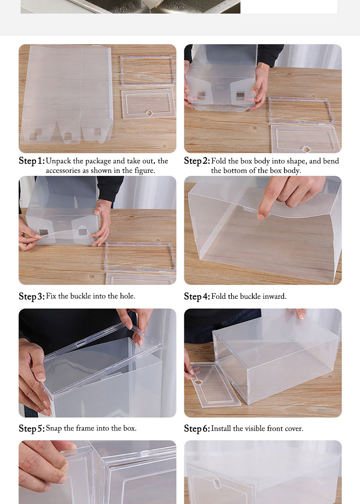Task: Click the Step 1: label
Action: click(x=32, y=161)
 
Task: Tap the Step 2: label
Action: click(x=197, y=161)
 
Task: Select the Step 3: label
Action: click(x=32, y=296)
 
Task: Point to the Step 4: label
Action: click(x=197, y=296)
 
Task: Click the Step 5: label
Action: click(x=32, y=428)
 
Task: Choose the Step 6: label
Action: click(x=197, y=428)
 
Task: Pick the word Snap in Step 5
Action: click(x=54, y=428)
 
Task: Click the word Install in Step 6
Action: click(x=221, y=428)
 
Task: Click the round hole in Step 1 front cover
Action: click(x=149, y=113)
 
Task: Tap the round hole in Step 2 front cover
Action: click(x=306, y=149)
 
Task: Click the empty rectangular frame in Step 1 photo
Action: click(x=148, y=70)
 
